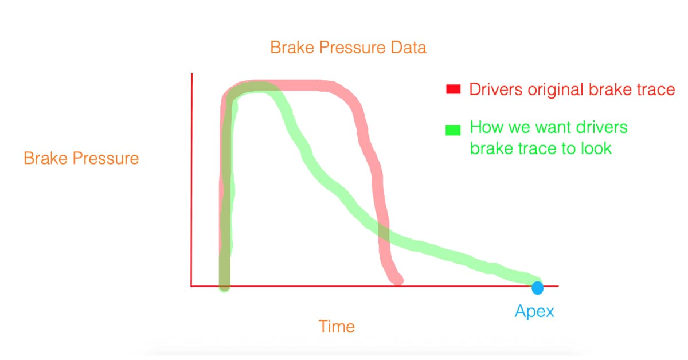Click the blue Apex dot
coord(538,288)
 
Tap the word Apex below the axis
coord(534,311)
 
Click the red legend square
coord(454,89)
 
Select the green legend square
coord(453,130)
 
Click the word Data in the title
coord(408,48)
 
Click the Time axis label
coord(337,326)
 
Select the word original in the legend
coord(556,90)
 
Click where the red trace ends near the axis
coord(397,280)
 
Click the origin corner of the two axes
coord(191,286)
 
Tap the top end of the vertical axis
coord(192,73)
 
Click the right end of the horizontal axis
coord(558,286)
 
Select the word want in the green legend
coord(540,127)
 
